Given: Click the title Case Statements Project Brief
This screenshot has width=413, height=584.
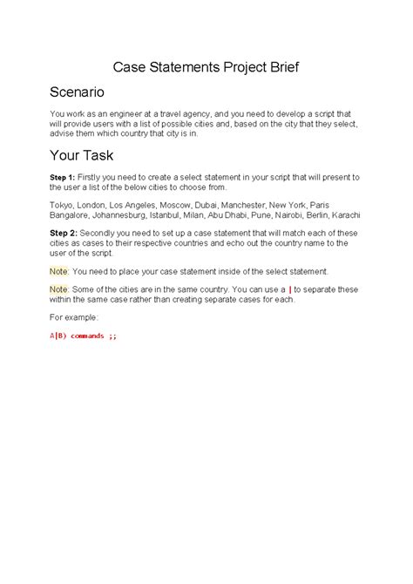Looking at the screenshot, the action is click(206, 66).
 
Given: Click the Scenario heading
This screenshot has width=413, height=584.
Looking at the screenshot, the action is click(77, 91).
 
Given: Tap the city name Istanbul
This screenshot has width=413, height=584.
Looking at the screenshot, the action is click(185, 215).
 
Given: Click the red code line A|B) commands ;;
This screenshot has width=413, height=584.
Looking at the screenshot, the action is click(83, 336).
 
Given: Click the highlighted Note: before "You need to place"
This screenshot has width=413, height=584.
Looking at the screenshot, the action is click(60, 271).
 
